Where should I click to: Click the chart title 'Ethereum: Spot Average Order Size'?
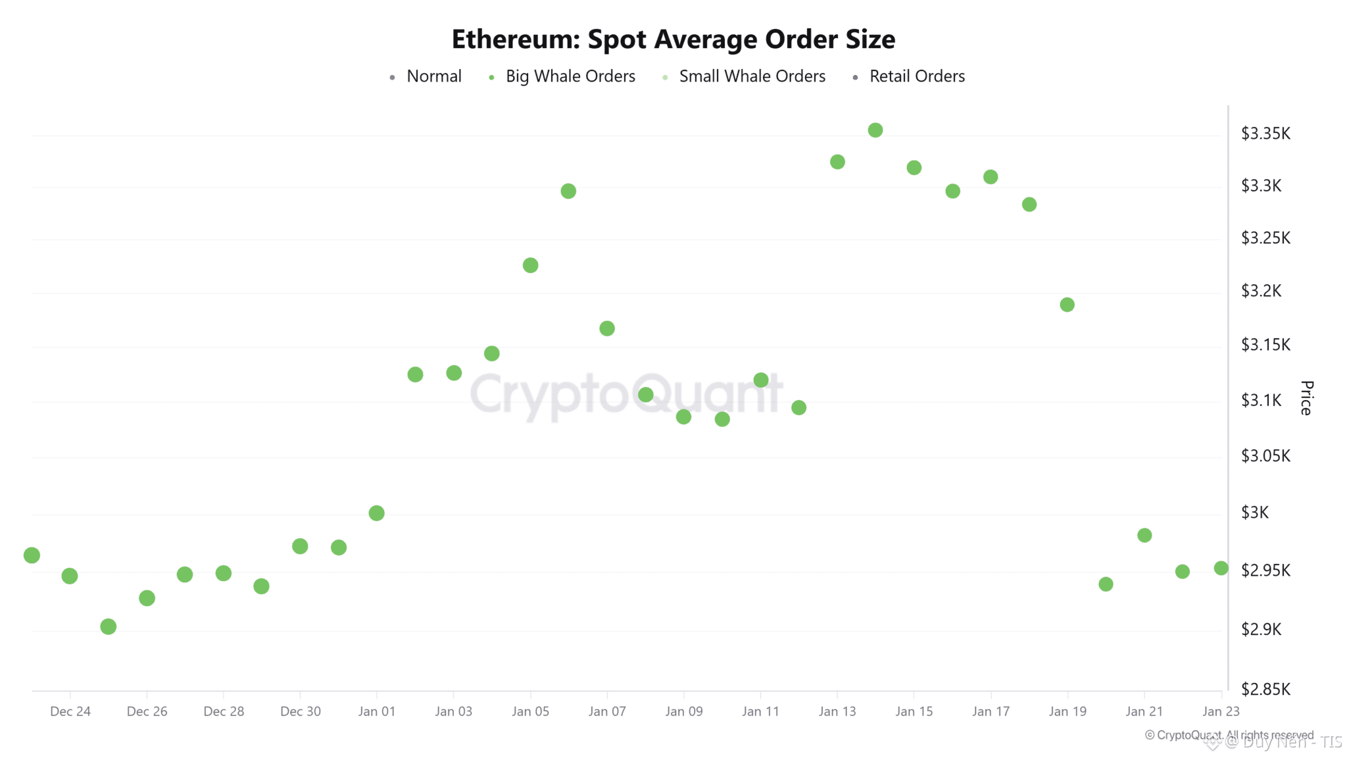(x=673, y=39)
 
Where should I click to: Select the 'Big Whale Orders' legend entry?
(x=570, y=76)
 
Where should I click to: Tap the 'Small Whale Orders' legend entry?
(x=751, y=76)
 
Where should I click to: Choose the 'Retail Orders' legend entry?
(x=916, y=76)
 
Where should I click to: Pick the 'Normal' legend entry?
(x=433, y=76)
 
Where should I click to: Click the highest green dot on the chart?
(x=875, y=130)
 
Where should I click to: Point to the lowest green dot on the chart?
(x=109, y=626)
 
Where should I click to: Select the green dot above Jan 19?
(x=1067, y=305)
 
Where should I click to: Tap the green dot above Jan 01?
(x=376, y=513)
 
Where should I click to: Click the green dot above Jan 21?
(x=1144, y=536)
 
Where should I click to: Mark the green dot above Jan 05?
(x=530, y=265)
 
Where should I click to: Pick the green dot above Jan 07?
(x=607, y=328)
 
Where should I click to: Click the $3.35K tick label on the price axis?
(x=1265, y=134)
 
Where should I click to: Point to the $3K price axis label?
(x=1255, y=513)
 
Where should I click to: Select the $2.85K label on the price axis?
(x=1265, y=689)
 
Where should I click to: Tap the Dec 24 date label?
(x=70, y=711)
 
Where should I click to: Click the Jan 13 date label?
(x=837, y=711)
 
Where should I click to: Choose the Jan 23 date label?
(x=1221, y=711)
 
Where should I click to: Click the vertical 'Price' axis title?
(x=1307, y=398)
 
